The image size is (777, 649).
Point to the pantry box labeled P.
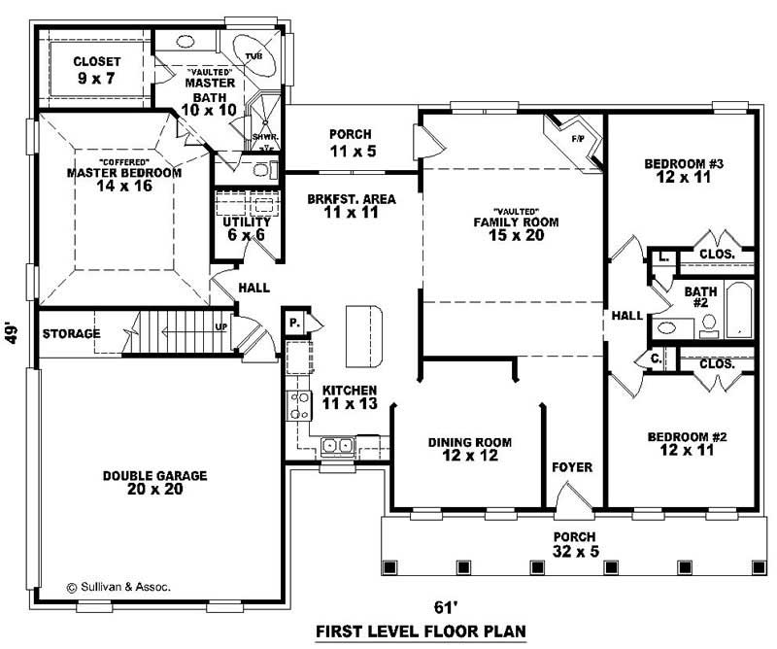point(294,322)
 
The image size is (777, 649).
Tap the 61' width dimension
point(446,608)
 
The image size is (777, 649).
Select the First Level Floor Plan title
point(421,632)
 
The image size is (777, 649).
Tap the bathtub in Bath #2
point(739,310)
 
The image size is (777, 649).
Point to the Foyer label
point(572,467)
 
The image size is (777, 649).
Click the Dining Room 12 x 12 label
point(470,450)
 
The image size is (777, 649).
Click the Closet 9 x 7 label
point(96,70)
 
